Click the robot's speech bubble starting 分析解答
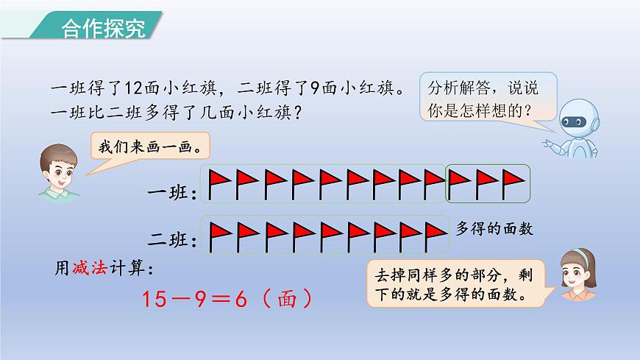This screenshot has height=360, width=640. click(x=486, y=99)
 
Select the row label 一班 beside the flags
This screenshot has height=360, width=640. click(x=172, y=194)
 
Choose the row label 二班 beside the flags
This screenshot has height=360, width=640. click(x=172, y=239)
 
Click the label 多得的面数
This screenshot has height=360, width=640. click(x=494, y=229)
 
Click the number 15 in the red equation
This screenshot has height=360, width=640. click(x=157, y=299)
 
